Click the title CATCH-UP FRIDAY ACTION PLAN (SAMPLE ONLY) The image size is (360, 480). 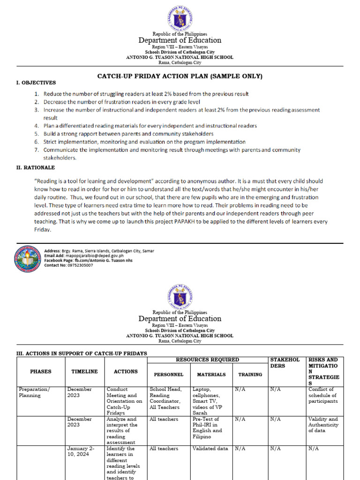[180, 76]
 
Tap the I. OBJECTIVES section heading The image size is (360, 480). [36, 82]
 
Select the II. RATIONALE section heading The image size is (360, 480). [36, 167]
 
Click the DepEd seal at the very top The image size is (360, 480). [180, 18]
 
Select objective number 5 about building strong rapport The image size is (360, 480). [128, 134]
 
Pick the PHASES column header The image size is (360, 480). [40, 371]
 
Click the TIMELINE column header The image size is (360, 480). [84, 371]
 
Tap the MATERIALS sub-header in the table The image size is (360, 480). [211, 375]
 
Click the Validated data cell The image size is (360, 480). [210, 449]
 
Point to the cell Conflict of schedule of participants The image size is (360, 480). [324, 395]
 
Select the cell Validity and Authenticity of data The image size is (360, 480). [323, 425]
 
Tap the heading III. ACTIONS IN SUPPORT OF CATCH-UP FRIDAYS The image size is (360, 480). [82, 353]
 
